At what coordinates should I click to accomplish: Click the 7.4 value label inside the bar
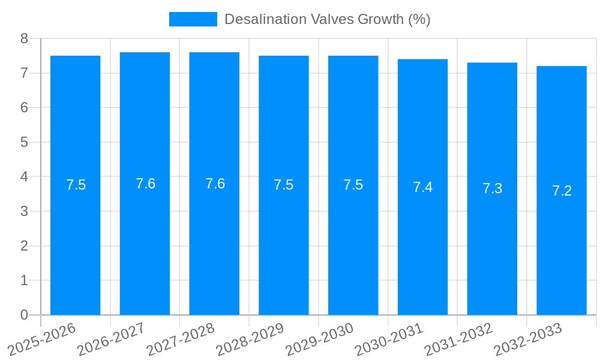tap(422, 187)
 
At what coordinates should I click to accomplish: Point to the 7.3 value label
tap(492, 189)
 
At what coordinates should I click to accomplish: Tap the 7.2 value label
tap(562, 191)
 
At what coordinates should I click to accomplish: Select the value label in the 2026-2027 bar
tap(145, 184)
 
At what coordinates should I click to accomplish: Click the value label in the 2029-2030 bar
tap(353, 185)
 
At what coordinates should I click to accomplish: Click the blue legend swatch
tap(193, 19)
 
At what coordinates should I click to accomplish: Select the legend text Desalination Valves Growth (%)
tap(327, 19)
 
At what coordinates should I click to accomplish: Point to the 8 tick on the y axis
tap(24, 38)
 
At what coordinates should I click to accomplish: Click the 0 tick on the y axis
tap(24, 315)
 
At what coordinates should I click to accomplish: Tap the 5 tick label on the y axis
tap(24, 142)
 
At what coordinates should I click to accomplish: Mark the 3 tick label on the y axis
tap(24, 211)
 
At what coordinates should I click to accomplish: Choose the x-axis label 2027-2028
tap(181, 339)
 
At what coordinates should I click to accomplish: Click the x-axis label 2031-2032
tap(458, 339)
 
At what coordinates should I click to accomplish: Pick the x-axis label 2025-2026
tap(41, 339)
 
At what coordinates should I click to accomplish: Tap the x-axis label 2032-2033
tap(528, 339)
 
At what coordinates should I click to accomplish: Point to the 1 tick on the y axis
tap(24, 280)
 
